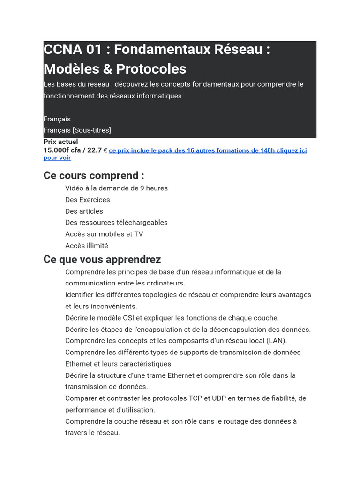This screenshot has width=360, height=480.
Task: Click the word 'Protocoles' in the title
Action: click(x=151, y=69)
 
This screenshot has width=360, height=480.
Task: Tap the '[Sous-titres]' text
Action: click(x=92, y=130)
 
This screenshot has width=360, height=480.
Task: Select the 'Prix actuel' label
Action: click(x=61, y=142)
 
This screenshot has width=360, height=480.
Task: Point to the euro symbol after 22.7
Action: click(x=105, y=150)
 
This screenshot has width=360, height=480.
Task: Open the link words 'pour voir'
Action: click(x=57, y=158)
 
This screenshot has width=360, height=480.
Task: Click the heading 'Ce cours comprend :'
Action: click(x=94, y=176)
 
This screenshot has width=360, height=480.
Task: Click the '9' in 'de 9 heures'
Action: click(x=142, y=188)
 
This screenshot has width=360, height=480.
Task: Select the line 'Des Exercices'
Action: click(x=88, y=200)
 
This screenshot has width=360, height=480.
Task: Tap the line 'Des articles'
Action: click(x=84, y=211)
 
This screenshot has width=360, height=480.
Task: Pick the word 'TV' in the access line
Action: click(x=139, y=234)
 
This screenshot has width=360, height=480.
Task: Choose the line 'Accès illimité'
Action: click(x=87, y=246)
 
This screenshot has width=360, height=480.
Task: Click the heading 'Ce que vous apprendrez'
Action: click(x=102, y=259)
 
